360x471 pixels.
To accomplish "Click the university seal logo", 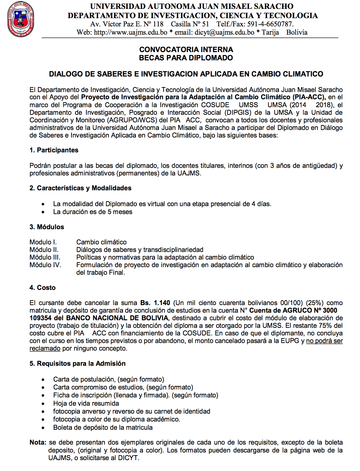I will point(20,19).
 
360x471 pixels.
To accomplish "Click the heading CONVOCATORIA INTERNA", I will point(186,49).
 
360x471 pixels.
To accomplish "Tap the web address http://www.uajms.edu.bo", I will point(131,32).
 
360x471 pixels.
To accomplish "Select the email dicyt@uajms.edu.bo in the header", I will point(224,32).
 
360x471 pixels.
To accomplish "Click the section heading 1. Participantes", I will point(54,150).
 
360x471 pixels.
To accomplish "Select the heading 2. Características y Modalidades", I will point(80,188).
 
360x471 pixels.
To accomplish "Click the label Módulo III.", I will point(45,257).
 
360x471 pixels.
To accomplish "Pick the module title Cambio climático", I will point(101,242).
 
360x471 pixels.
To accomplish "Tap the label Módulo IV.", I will point(45,265).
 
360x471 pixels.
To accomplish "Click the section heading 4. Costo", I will point(43,288).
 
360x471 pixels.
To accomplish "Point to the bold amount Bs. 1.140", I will point(155,303).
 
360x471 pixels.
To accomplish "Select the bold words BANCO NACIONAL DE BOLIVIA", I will point(117,318).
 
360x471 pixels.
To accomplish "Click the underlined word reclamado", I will point(45,348).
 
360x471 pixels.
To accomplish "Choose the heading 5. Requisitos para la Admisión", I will point(77,363).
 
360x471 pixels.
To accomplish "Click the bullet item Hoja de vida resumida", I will point(86,403).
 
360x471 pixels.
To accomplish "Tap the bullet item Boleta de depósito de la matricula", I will point(103,427).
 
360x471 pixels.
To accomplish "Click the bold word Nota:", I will point(38,442).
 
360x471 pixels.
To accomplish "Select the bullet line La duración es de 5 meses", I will point(93,212).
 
